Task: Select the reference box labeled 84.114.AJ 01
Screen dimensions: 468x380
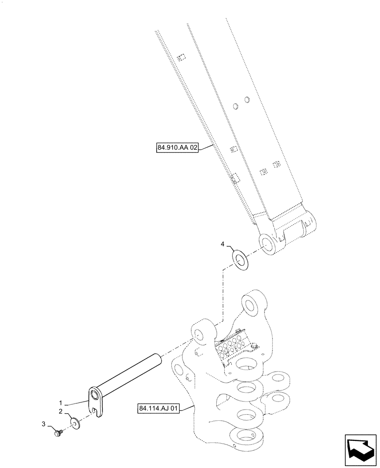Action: [159, 409]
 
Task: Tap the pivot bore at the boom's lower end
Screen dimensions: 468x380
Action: [267, 245]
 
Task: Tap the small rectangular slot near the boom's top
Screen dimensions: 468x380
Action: [182, 58]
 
